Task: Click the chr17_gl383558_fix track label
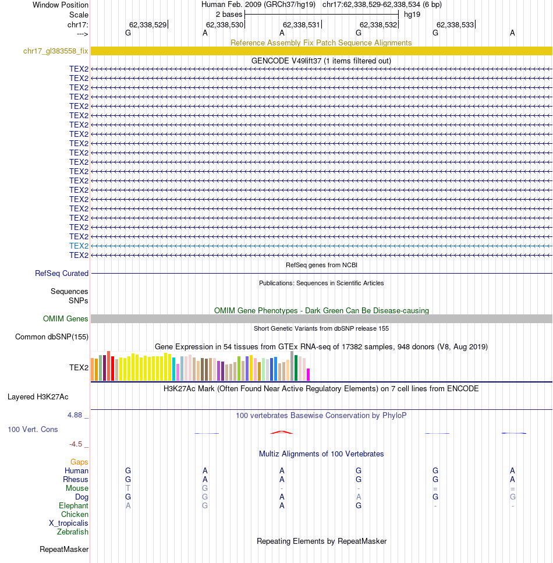[55, 51]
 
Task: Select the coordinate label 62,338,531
[301, 24]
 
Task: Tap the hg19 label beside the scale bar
[412, 14]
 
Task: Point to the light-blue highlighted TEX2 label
[79, 246]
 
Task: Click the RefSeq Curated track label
[62, 273]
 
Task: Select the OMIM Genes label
[66, 318]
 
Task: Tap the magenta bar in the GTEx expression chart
[309, 374]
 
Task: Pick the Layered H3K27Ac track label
[38, 397]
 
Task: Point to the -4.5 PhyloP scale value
[77, 444]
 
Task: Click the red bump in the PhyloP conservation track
[281, 431]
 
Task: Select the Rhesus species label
[76, 479]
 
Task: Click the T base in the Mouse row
[128, 488]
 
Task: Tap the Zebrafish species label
[73, 532]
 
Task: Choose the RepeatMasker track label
[64, 549]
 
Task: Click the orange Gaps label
[79, 462]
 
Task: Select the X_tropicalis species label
[69, 523]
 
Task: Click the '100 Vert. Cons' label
[33, 429]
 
